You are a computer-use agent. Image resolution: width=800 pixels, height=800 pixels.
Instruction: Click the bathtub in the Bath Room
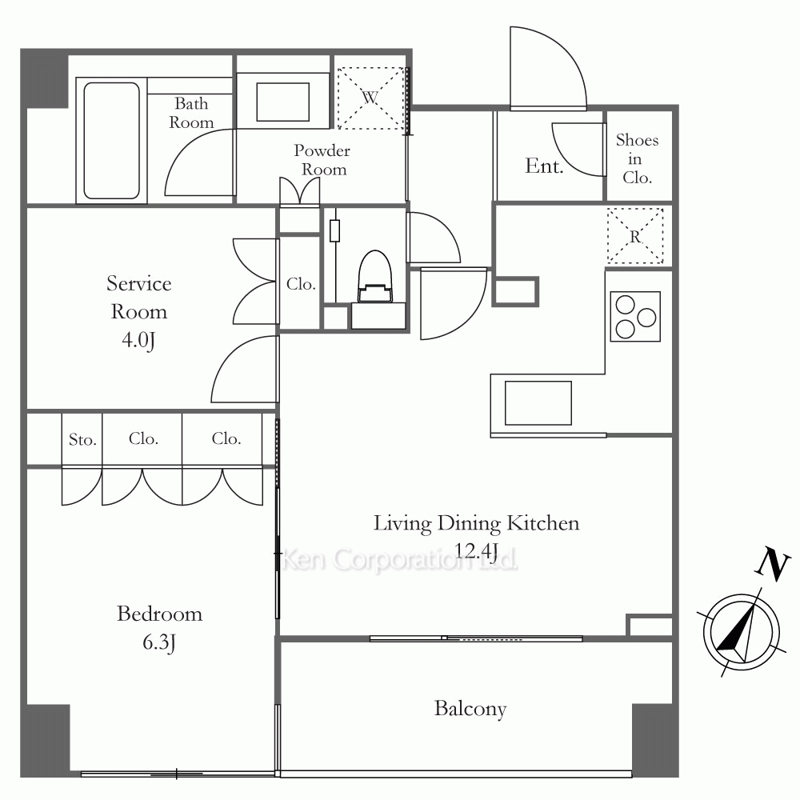(x=111, y=140)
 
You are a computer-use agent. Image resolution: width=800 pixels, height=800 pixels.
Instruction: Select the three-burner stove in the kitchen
(x=635, y=317)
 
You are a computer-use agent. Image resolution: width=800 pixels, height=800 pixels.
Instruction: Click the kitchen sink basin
(x=538, y=402)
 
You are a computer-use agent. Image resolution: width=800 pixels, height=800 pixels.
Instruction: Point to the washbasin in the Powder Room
(x=282, y=102)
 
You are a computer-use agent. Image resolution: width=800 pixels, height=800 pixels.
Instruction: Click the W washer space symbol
(x=371, y=98)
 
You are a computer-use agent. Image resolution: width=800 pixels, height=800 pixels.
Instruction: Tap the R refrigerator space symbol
(x=635, y=236)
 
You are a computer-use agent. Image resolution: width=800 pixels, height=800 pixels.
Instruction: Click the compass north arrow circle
(x=742, y=632)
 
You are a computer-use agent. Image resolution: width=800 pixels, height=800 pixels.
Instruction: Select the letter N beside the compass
(x=773, y=563)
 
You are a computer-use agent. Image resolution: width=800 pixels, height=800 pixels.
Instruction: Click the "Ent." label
(x=544, y=166)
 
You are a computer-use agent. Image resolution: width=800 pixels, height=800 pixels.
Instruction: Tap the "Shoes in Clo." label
(x=638, y=158)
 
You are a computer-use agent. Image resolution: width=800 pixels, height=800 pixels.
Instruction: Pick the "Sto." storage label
(x=82, y=439)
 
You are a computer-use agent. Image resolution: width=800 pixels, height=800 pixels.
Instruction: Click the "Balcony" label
(x=470, y=709)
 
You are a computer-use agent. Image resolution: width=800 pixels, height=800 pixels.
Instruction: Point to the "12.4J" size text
(x=475, y=551)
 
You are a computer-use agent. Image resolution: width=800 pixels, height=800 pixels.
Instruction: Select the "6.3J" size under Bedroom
(x=159, y=642)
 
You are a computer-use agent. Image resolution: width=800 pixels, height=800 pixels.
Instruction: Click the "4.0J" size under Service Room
(x=138, y=340)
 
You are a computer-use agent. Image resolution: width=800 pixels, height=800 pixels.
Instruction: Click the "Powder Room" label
(x=322, y=160)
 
